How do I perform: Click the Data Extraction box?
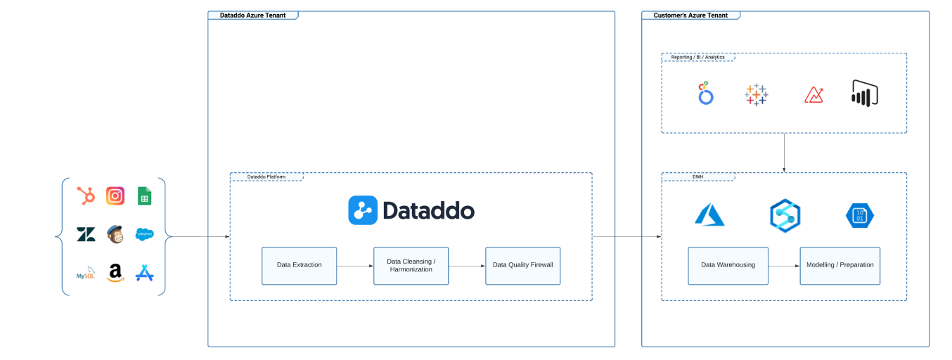299,265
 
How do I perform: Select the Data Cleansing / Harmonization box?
411,265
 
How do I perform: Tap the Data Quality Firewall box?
522,265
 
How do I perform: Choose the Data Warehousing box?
728,265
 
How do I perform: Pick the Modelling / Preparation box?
840,265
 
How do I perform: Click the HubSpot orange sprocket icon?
86,196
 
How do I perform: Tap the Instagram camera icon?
115,196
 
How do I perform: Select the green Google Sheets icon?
144,196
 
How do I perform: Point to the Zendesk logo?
86,235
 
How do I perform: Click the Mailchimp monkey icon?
115,234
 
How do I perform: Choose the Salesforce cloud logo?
144,235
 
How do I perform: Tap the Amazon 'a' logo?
115,273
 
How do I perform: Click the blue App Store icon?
144,273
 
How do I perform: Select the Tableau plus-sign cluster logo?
757,94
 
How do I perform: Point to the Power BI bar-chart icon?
865,94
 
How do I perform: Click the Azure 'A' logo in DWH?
709,214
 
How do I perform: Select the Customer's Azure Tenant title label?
690,15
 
